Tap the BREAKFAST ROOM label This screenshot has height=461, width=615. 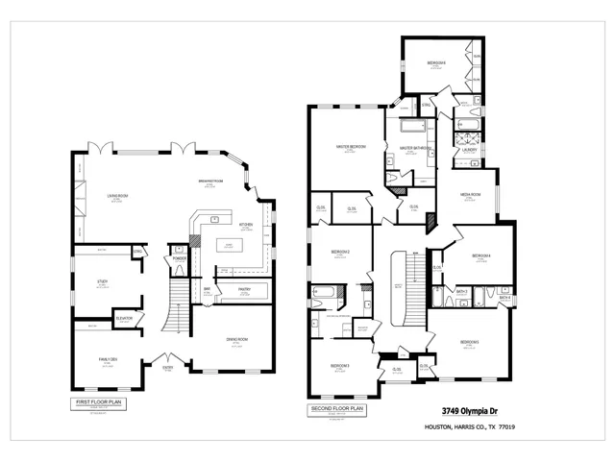pyautogui.click(x=210, y=182)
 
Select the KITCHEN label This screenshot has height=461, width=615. pyautogui.click(x=245, y=226)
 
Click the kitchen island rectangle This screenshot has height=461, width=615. pyautogui.click(x=229, y=247)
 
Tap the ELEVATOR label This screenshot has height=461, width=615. pyautogui.click(x=124, y=318)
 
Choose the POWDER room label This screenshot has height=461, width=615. pyautogui.click(x=179, y=258)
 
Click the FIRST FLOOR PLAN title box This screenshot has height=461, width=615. pyautogui.click(x=100, y=403)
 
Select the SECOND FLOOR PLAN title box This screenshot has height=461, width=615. pyautogui.click(x=336, y=409)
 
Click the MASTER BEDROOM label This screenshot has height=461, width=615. pyautogui.click(x=351, y=147)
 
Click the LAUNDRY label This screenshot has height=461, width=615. pyautogui.click(x=470, y=150)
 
